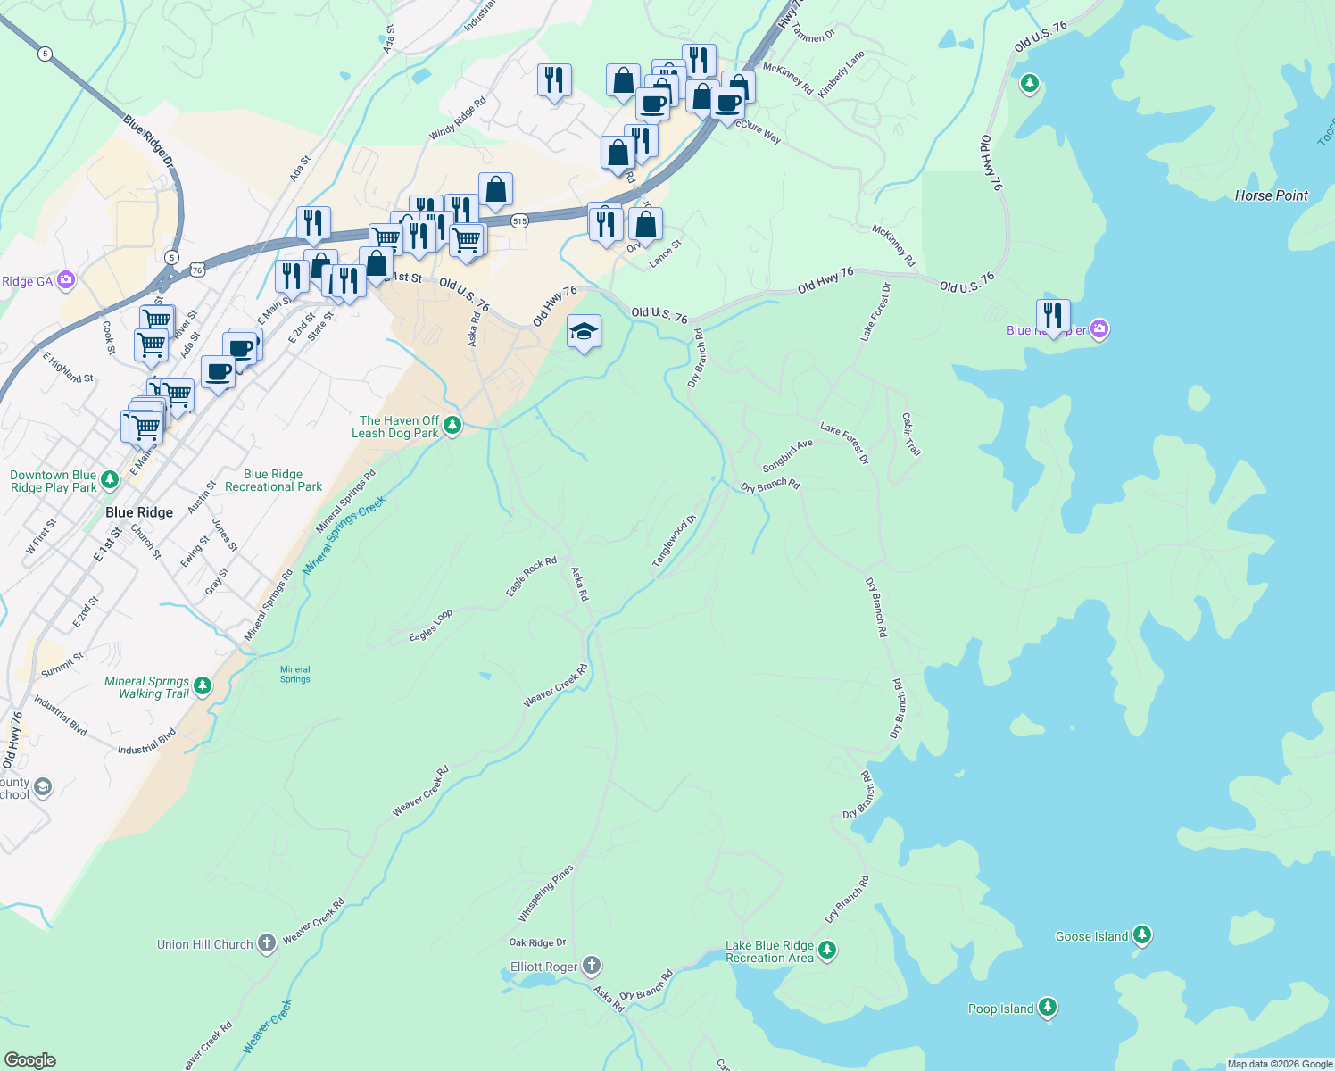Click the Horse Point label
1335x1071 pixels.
1271,195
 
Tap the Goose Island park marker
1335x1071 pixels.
1142,935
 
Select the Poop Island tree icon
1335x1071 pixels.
1048,1008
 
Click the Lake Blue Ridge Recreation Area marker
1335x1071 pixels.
827,950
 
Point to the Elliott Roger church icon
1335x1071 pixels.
592,966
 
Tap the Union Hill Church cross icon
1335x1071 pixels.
267,943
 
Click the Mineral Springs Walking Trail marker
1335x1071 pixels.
203,685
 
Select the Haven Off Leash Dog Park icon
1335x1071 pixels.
452,425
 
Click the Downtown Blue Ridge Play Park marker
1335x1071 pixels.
110,480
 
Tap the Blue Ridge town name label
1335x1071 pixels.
139,512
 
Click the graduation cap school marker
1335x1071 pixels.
584,333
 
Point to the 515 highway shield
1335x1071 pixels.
520,220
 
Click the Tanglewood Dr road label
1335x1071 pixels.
674,541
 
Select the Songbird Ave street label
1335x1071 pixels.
787,455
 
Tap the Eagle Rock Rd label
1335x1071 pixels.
531,577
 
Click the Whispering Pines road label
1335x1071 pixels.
546,893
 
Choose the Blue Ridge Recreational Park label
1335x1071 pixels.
273,480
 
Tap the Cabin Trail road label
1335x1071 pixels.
911,435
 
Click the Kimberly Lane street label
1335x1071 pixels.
842,74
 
